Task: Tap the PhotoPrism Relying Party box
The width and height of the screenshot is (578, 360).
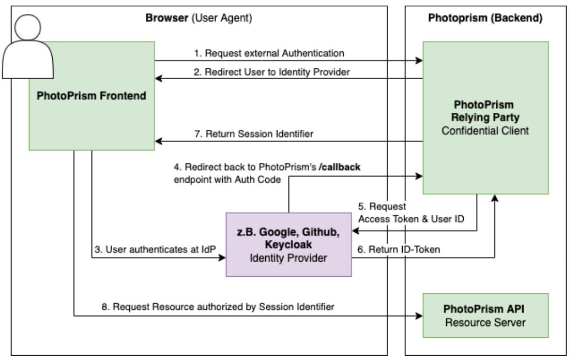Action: point(485,117)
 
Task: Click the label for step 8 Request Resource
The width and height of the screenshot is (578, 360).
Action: point(218,306)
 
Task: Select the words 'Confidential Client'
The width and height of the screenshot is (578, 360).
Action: point(485,131)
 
